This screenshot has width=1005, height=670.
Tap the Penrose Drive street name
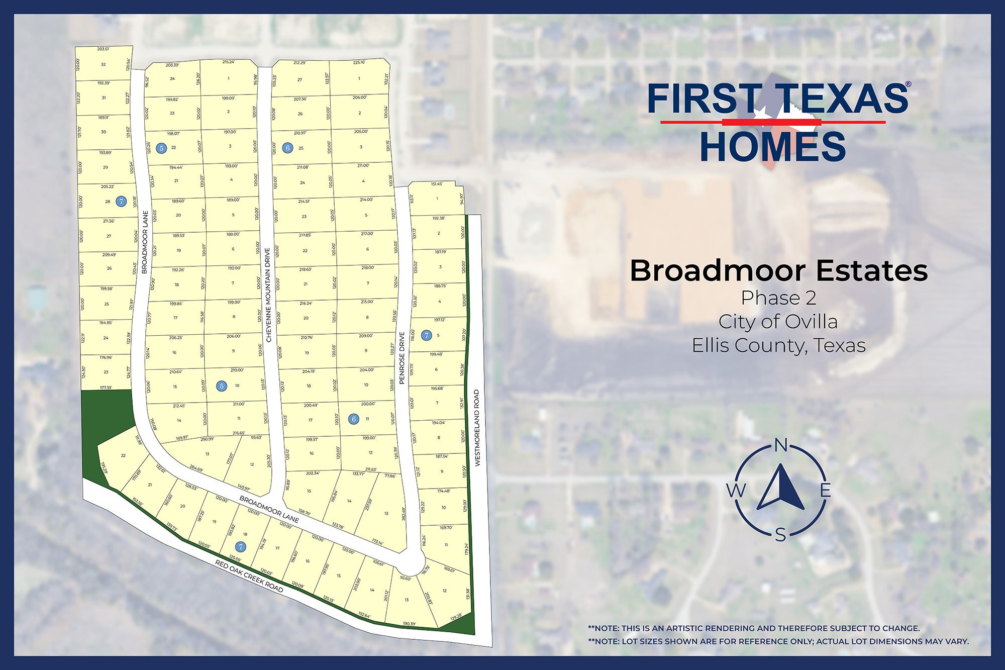[x=402, y=358]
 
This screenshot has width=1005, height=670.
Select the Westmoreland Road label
[x=477, y=428]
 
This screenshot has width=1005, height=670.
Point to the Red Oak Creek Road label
[x=249, y=577]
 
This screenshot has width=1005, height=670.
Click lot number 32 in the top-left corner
[x=104, y=64]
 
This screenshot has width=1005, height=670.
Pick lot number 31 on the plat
[x=104, y=98]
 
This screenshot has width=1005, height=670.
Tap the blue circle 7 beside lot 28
[x=121, y=202]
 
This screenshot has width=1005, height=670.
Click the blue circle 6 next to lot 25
[x=287, y=148]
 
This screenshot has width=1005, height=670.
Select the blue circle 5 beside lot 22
[x=161, y=148]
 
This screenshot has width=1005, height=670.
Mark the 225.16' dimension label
[x=359, y=62]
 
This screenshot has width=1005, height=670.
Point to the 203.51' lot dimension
[x=103, y=49]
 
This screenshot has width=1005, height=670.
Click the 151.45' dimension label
[x=437, y=184]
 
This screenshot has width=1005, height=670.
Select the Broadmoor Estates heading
[x=778, y=270]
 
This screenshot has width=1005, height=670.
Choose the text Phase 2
[x=778, y=298]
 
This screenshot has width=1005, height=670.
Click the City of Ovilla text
[x=778, y=322]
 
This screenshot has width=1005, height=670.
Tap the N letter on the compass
[x=780, y=445]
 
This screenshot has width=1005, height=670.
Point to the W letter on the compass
[x=736, y=490]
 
